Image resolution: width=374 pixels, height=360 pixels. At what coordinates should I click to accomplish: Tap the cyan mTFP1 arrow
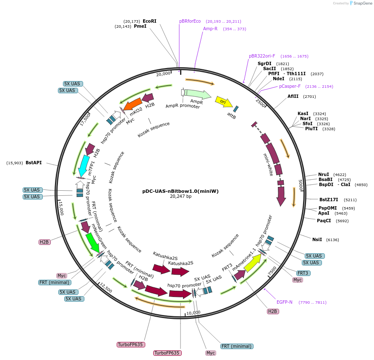click(85, 166)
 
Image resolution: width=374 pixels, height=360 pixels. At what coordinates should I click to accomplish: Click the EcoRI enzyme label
click(149, 21)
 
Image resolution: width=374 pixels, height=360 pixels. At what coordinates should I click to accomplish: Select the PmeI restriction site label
click(140, 26)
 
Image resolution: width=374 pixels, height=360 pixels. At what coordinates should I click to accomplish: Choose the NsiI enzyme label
click(317, 239)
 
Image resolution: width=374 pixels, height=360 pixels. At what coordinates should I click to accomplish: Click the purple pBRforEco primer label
click(190, 21)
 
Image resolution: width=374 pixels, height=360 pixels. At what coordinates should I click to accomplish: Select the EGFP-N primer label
click(284, 302)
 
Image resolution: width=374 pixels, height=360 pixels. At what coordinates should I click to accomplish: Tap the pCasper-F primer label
click(290, 87)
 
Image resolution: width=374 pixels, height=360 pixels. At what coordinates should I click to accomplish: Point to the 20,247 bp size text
click(180, 196)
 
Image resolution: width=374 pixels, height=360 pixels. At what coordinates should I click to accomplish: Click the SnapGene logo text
click(364, 3)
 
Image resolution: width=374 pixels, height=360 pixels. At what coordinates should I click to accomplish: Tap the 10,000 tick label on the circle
click(193, 313)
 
